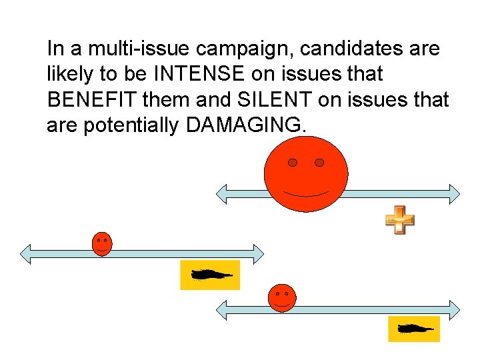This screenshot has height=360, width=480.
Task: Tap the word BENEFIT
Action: [91, 100]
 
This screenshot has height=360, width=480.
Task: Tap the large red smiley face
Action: [306, 175]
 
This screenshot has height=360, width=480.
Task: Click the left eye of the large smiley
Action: [292, 163]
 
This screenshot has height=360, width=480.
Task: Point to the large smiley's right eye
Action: [319, 163]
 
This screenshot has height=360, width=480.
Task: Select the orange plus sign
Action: [399, 220]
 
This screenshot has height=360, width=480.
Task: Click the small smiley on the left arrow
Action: [101, 243]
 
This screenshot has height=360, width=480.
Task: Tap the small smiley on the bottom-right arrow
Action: [281, 297]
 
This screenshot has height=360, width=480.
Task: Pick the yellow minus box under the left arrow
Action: [210, 275]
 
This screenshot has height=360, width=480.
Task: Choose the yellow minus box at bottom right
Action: [414, 329]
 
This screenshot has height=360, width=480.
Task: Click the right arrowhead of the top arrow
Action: [454, 193]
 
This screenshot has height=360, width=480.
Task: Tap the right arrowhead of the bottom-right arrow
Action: [454, 310]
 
